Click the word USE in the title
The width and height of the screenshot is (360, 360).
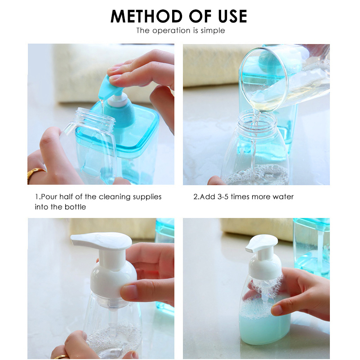pyautogui.click(x=231, y=16)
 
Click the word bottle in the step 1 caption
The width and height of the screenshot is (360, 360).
pyautogui.click(x=75, y=207)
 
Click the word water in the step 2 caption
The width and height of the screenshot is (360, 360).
pyautogui.click(x=283, y=197)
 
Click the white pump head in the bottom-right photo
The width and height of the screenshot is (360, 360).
pyautogui.click(x=262, y=245)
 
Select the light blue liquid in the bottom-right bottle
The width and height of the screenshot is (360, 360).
pyautogui.click(x=263, y=324)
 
